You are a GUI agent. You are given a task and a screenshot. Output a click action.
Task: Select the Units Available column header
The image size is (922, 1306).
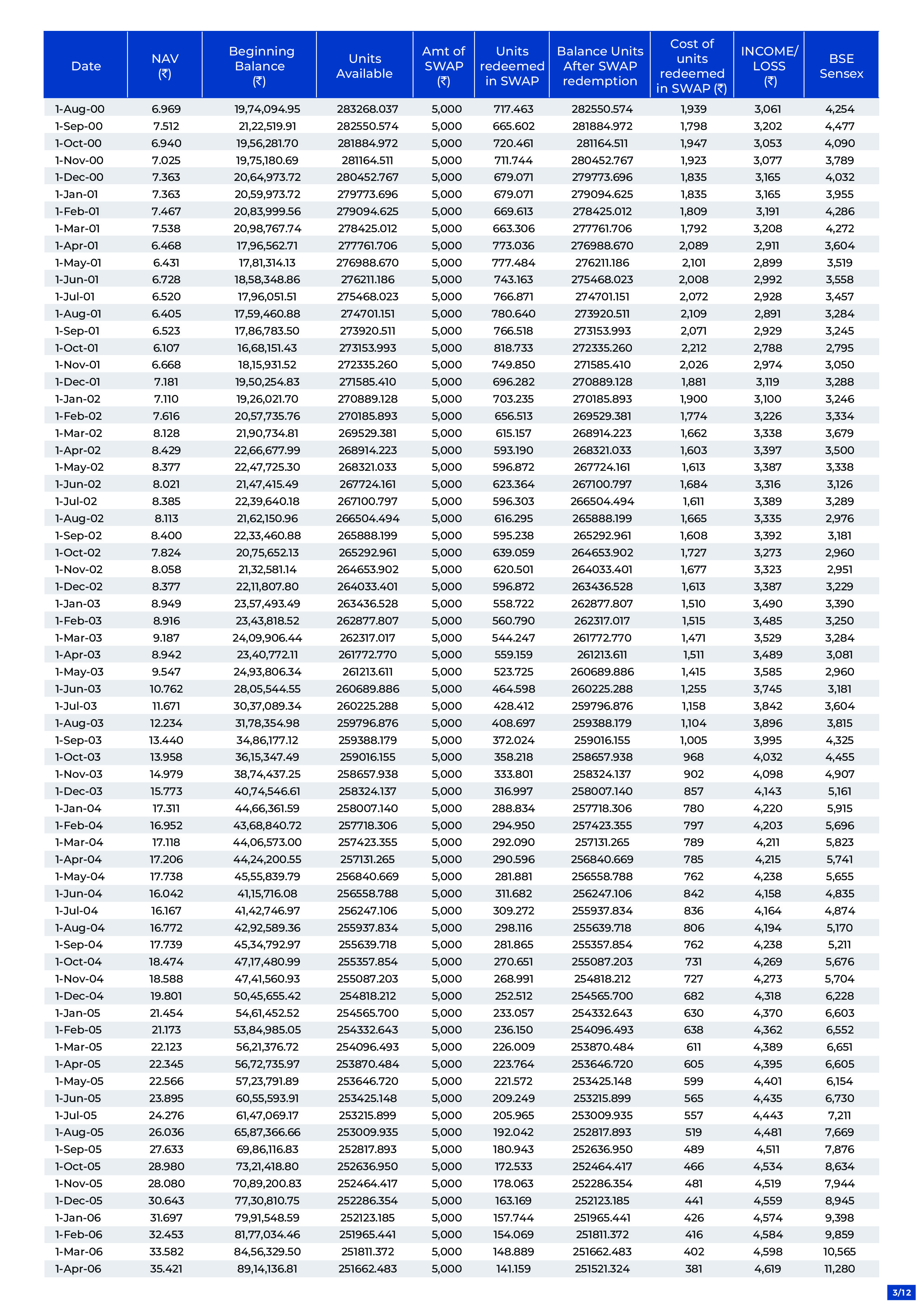point(364,66)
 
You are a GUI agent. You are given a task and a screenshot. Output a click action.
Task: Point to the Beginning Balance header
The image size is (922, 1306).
point(261,66)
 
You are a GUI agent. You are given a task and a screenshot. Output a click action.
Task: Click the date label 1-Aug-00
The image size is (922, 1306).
point(80,109)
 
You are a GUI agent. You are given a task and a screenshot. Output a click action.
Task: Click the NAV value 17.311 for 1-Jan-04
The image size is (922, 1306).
point(166,808)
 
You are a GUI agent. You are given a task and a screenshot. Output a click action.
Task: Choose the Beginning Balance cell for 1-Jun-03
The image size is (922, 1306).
point(267,689)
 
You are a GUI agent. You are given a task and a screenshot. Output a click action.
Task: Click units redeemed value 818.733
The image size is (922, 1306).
point(513,348)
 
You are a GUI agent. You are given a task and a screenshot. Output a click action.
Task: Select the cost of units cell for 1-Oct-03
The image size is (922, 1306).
point(694,757)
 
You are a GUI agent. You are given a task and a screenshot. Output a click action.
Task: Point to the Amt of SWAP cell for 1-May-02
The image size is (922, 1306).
point(446,467)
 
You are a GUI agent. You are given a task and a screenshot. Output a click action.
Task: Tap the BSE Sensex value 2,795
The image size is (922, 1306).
point(839,348)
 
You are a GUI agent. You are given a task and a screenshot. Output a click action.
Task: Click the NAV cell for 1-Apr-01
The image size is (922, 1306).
point(166,246)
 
